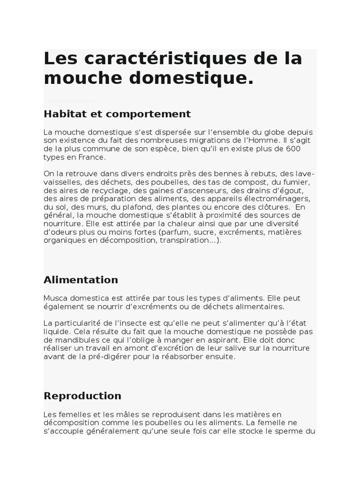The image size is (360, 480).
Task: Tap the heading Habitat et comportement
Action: (x=117, y=114)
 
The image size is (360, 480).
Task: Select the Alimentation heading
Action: (x=81, y=280)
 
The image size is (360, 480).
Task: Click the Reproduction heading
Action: (x=82, y=396)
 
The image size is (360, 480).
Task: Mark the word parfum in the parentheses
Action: (x=175, y=232)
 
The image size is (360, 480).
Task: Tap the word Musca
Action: (x=55, y=298)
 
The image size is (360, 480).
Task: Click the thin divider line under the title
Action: (x=71, y=101)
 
